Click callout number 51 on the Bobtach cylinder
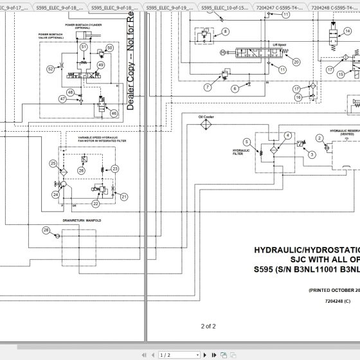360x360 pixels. [84, 47]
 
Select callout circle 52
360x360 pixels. [51, 68]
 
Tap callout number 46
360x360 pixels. [114, 114]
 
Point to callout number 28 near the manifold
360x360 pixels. [46, 231]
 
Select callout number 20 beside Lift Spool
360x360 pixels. [296, 62]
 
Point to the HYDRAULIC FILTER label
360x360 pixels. [241, 151]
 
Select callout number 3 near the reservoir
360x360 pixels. [311, 154]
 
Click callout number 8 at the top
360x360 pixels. [226, 32]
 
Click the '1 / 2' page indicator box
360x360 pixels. [165, 354]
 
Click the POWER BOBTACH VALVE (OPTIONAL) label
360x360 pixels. [52, 36]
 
